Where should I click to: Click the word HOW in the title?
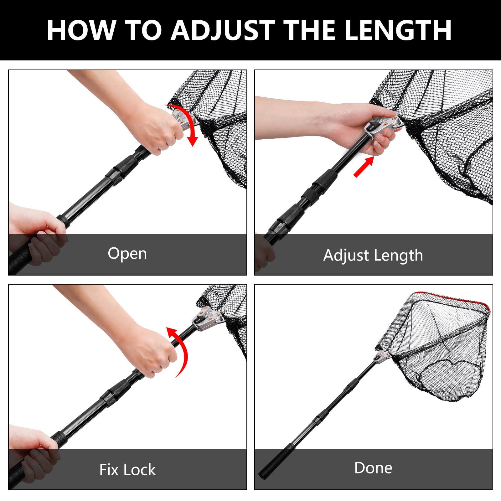[81, 30]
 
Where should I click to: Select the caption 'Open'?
[127, 254]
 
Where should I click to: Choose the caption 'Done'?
[373, 468]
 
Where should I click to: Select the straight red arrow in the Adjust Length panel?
[364, 167]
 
